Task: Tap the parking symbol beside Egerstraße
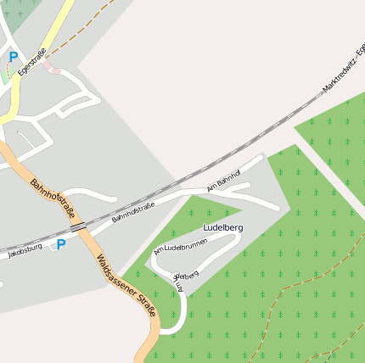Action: click(13, 58)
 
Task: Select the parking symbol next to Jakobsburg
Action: click(60, 245)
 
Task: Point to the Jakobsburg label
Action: click(25, 250)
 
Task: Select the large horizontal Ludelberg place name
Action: click(223, 228)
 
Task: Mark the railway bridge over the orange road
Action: click(79, 227)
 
